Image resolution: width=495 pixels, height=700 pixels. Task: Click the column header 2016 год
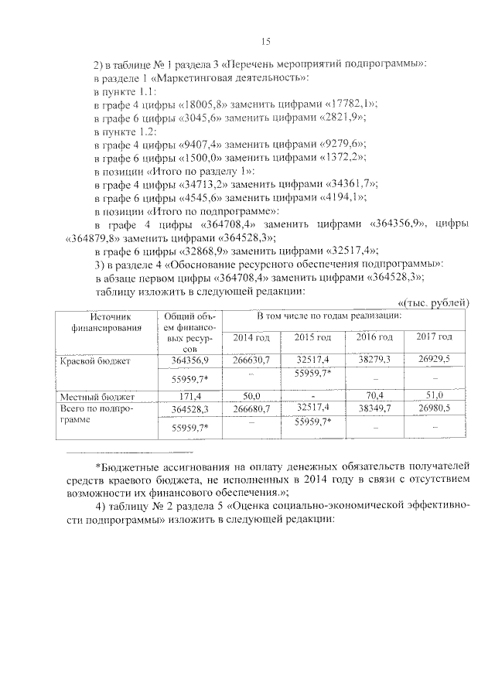coord(374,338)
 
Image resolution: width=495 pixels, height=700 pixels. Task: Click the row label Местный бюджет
coord(87,396)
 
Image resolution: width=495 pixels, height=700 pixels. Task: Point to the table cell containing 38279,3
coord(374,360)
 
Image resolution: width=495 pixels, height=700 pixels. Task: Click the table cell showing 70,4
coord(374,396)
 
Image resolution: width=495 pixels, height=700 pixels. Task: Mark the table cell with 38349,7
coord(374,408)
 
